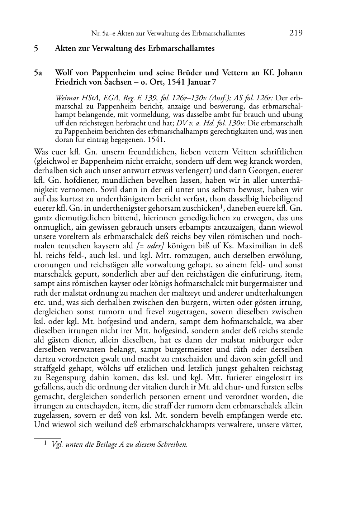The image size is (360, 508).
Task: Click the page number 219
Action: [x=296, y=33]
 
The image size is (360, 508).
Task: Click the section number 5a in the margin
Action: [x=38, y=73]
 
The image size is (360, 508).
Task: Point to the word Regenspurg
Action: [x=61, y=378]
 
